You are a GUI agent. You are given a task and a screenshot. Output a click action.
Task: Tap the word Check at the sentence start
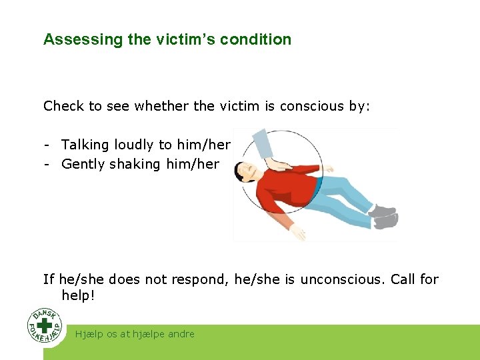[x=63, y=106]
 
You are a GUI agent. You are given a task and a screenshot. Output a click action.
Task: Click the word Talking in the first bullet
[x=85, y=145]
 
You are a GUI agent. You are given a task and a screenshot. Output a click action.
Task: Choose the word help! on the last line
[x=78, y=295]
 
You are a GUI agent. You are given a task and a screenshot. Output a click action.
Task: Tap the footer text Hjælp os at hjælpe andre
[x=135, y=334]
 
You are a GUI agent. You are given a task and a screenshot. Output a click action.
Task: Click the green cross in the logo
[x=45, y=325]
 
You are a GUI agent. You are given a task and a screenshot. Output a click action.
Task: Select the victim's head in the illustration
[x=248, y=172]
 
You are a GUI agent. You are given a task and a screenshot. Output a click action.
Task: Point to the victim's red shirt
[x=287, y=190]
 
